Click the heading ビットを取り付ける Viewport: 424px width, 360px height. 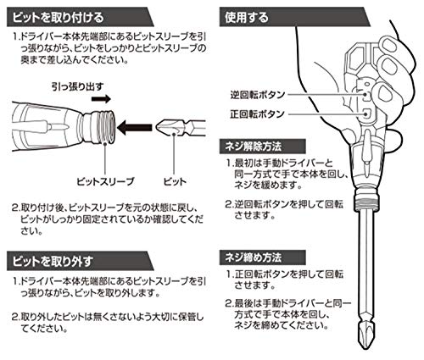[58, 18]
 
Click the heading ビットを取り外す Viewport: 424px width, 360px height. [53, 261]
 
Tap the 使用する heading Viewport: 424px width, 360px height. [247, 18]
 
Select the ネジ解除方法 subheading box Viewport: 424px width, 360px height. [262, 147]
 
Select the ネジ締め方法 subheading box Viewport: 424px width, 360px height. [262, 258]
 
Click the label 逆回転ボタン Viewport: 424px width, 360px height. [257, 95]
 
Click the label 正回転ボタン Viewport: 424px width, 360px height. [257, 114]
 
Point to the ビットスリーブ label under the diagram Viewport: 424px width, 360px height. [105, 181]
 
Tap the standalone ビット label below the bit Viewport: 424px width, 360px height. [175, 181]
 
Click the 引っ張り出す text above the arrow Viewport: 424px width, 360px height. [78, 86]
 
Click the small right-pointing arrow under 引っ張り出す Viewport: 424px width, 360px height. [101, 99]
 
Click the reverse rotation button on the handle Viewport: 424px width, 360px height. [366, 95]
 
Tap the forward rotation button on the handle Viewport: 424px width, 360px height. [366, 114]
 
